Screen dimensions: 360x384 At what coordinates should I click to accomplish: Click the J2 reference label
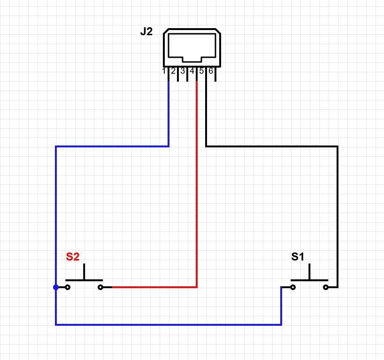pyautogui.click(x=146, y=32)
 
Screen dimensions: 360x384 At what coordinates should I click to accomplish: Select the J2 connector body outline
pyautogui.click(x=192, y=47)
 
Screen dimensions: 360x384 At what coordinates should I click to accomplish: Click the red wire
pyautogui.click(x=197, y=188)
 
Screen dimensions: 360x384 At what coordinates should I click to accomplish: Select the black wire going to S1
pyautogui.click(x=337, y=211)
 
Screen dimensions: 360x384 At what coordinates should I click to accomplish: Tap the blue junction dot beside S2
pyautogui.click(x=56, y=287)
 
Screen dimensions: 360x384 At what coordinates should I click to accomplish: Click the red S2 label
pyautogui.click(x=73, y=257)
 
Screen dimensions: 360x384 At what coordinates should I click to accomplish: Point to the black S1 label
pyautogui.click(x=298, y=257)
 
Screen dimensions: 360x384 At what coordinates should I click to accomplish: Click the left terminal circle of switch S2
pyautogui.click(x=68, y=287)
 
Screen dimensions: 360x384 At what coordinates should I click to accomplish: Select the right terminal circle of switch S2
pyautogui.click(x=100, y=287)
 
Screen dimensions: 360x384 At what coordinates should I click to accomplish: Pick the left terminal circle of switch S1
pyautogui.click(x=293, y=287)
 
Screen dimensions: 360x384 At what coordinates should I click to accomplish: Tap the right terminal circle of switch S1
pyautogui.click(x=326, y=287)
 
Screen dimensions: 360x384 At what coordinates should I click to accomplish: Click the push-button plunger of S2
pyautogui.click(x=84, y=273)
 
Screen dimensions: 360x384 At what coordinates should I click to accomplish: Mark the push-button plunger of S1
pyautogui.click(x=309, y=273)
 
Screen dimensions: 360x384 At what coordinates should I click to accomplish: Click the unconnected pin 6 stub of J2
pyautogui.click(x=215, y=77)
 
